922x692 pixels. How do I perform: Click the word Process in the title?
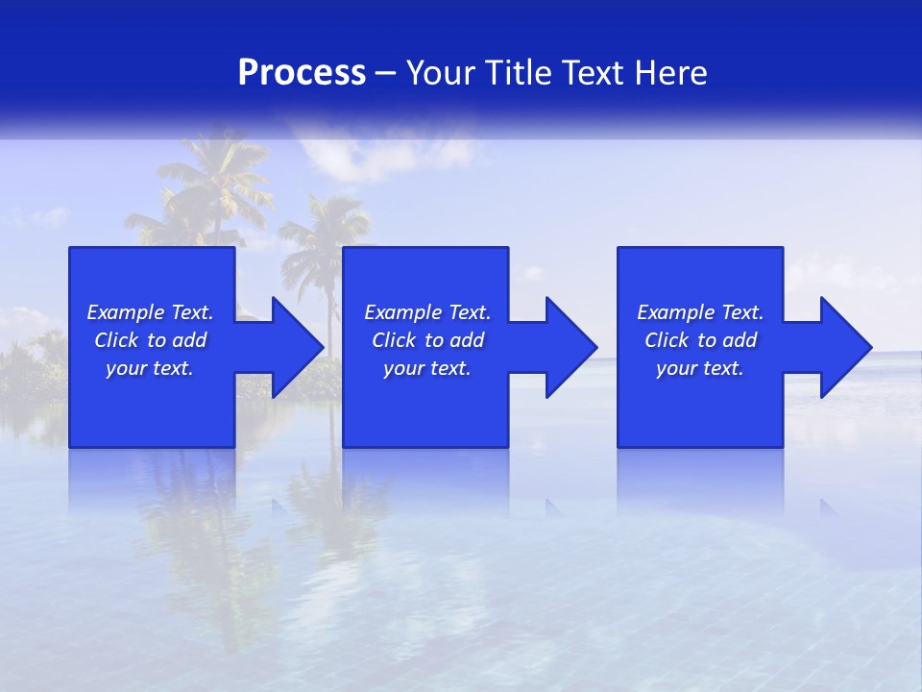302,73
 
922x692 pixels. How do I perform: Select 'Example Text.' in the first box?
150,312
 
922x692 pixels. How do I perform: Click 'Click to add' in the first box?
150,340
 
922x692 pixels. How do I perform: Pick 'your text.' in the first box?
150,368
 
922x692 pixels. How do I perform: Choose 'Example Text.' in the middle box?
427,312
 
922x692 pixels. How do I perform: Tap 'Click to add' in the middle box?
427,340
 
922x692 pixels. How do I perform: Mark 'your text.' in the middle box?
427,368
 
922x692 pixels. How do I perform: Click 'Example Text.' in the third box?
700,312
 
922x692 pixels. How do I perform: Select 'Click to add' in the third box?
700,340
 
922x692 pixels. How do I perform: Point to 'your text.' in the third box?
700,368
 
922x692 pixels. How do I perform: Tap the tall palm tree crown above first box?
211,178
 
